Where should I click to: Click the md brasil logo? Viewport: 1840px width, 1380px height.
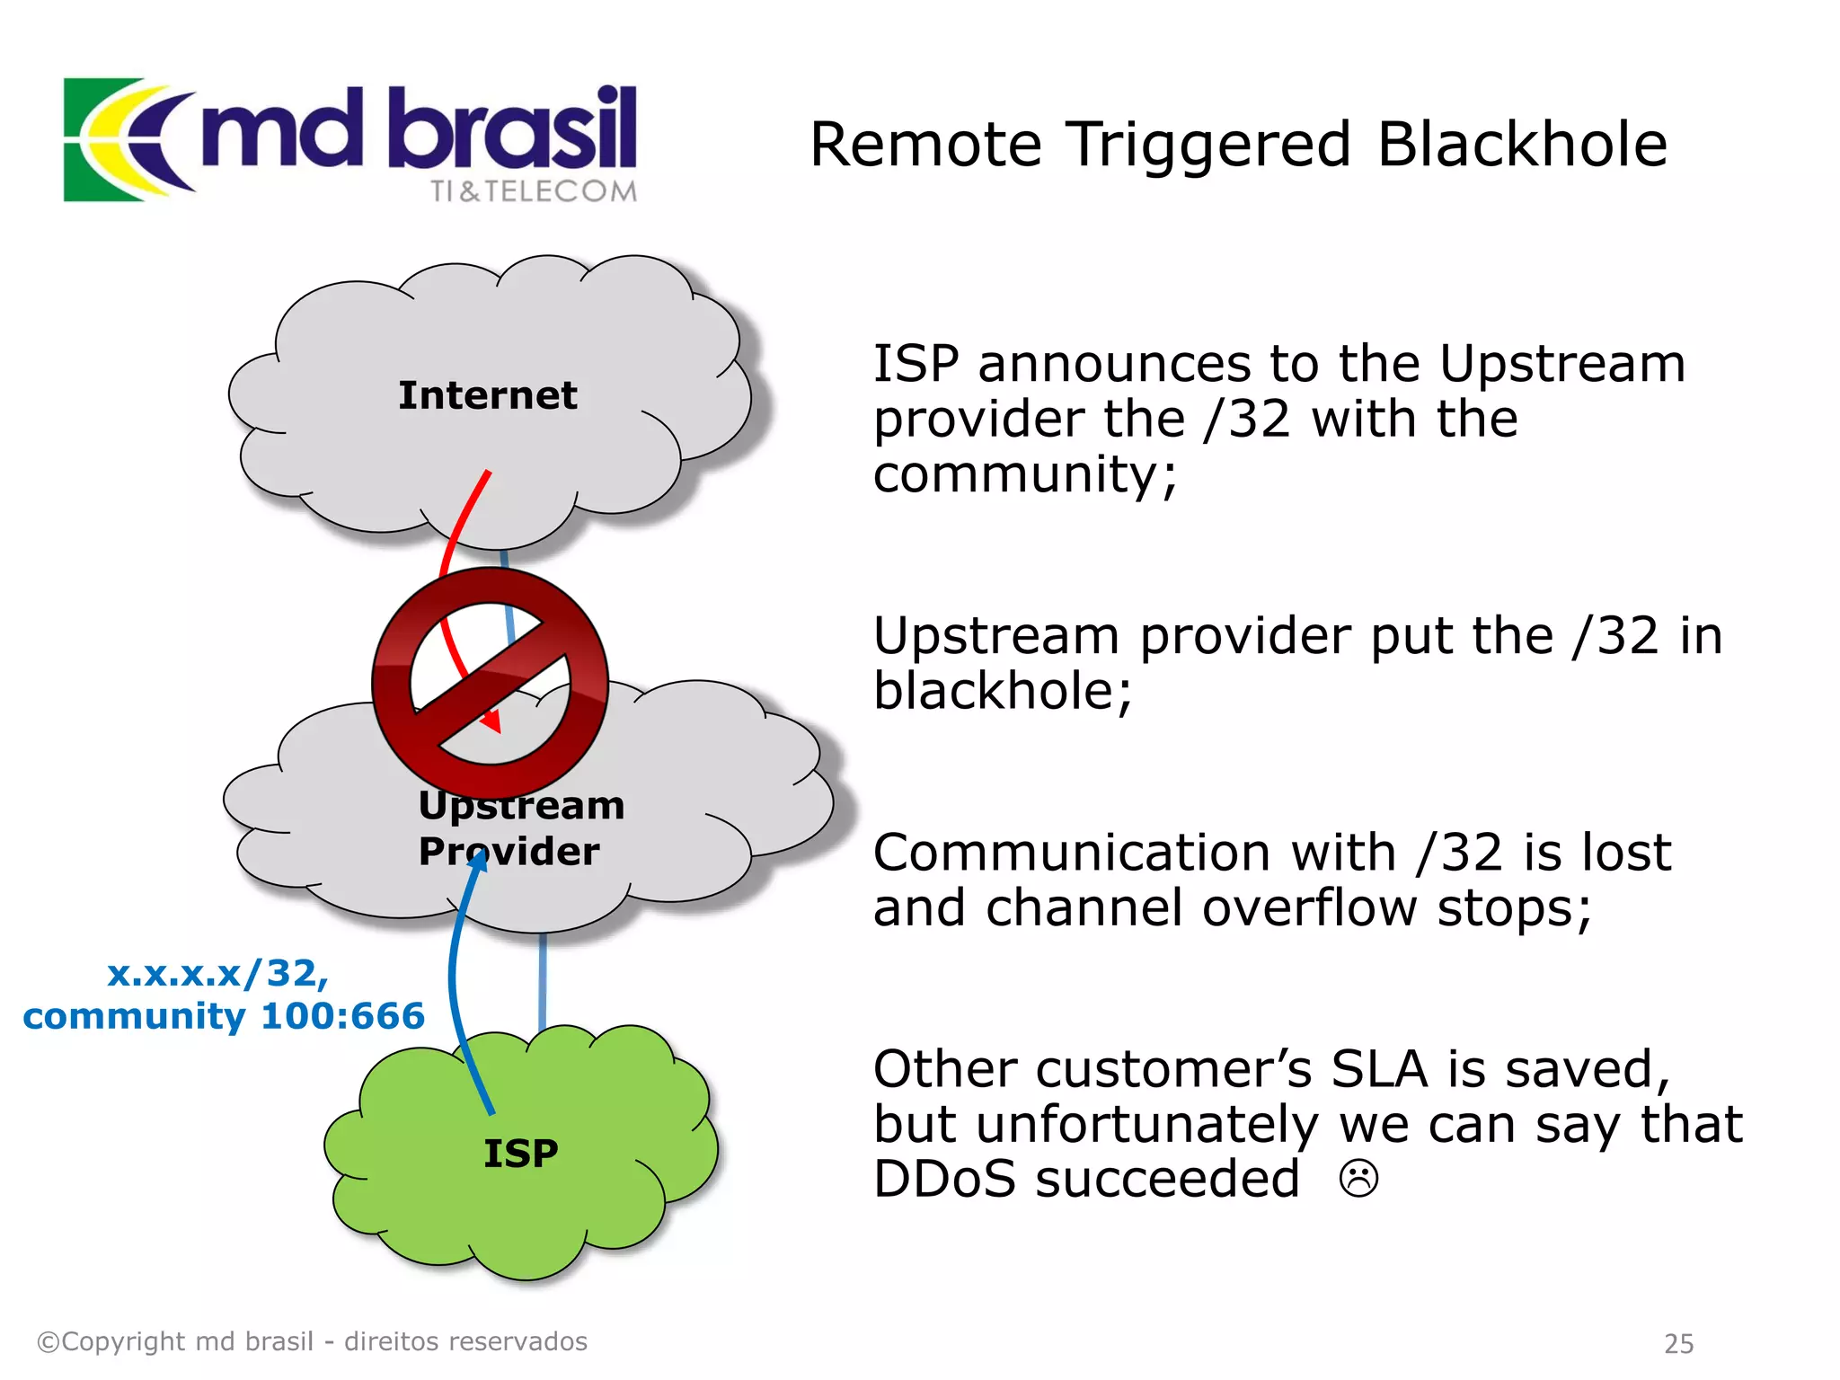tap(350, 139)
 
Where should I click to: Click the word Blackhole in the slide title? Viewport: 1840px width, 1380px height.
tap(1522, 145)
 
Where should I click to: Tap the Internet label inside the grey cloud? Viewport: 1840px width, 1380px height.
tap(487, 395)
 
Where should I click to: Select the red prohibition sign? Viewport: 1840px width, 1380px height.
tap(490, 683)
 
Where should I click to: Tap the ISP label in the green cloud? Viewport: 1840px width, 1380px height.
tap(520, 1154)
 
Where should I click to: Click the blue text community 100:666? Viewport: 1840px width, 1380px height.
tap(224, 1016)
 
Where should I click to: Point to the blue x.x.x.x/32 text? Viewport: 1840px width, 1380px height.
tap(217, 973)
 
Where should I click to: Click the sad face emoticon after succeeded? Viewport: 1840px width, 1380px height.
tap(1358, 1179)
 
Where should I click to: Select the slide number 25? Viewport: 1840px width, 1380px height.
tap(1678, 1344)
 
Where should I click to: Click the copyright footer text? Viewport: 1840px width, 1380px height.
tap(312, 1341)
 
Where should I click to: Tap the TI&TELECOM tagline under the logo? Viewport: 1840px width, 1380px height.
tap(533, 191)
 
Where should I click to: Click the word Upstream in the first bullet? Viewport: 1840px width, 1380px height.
tap(1561, 365)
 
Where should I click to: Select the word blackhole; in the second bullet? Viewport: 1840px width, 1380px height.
tap(1003, 692)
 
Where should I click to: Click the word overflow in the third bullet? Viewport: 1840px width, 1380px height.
tap(1309, 908)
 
